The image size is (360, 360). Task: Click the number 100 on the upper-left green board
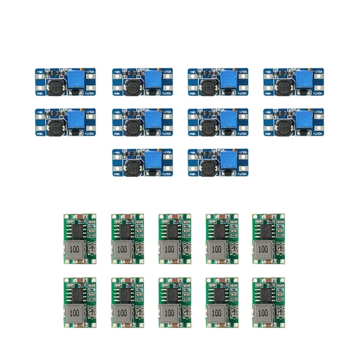pyautogui.click(x=75, y=249)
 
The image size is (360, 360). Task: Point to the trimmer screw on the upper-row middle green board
pyautogui.click(x=186, y=249)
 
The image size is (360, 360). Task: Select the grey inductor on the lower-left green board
pyautogui.click(x=75, y=313)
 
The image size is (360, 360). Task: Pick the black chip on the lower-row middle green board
pyautogui.click(x=172, y=294)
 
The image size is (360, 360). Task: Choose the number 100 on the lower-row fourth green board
pyautogui.click(x=217, y=313)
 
